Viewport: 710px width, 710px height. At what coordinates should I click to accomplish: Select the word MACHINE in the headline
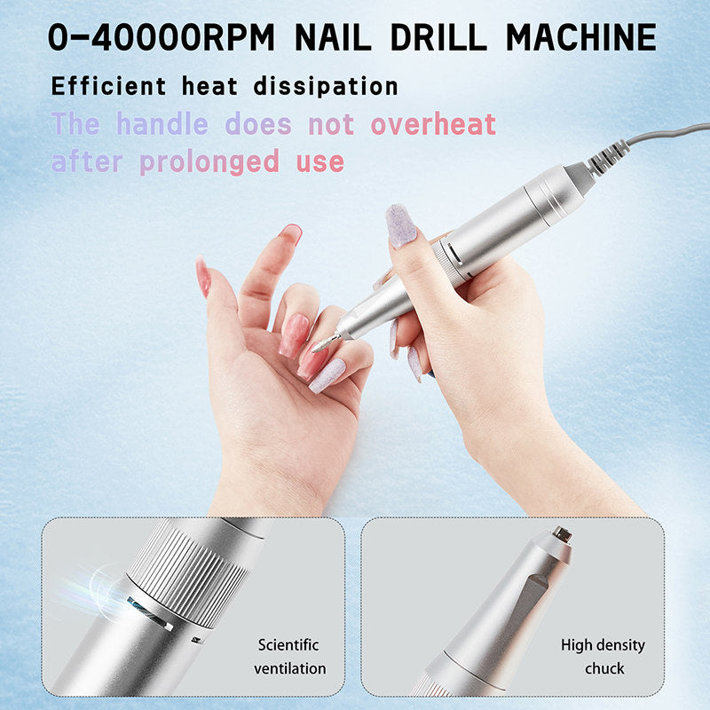581,37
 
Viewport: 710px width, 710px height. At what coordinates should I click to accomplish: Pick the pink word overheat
433,124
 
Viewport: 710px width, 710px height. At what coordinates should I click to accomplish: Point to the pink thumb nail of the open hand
203,278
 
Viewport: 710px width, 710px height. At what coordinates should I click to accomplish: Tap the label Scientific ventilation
288,657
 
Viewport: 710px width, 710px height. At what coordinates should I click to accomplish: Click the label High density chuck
603,657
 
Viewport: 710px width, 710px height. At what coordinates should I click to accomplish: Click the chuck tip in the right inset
561,534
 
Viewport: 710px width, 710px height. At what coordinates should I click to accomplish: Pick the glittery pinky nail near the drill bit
329,375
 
